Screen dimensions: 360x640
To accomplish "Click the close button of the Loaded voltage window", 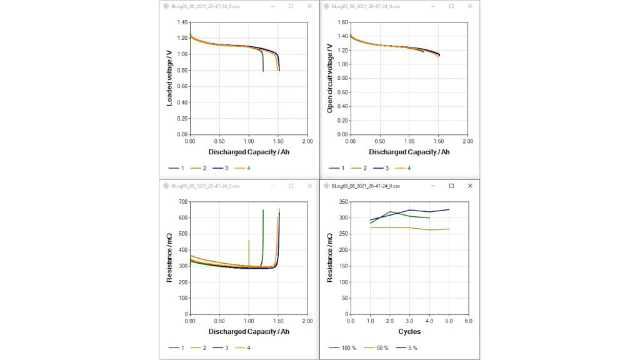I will point(310,6).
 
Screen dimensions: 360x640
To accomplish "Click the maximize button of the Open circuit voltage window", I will point(451,6).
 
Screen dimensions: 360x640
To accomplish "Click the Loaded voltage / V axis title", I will point(169,78).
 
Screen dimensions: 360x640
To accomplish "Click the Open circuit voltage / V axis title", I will point(330,78).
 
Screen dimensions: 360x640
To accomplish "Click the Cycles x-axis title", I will point(409,331).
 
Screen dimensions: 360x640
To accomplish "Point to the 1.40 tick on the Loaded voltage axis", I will point(182,22).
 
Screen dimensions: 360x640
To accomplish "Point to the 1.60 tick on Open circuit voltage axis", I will point(342,22).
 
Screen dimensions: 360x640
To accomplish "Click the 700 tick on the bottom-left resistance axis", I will point(183,202).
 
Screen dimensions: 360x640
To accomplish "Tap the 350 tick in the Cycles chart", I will point(343,202).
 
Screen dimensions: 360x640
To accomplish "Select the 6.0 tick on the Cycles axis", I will point(468,321).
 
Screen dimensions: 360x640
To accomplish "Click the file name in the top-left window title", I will point(202,6).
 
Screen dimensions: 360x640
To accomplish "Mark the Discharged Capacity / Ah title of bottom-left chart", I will point(249,331).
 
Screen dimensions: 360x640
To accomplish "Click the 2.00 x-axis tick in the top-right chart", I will point(467,142).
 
